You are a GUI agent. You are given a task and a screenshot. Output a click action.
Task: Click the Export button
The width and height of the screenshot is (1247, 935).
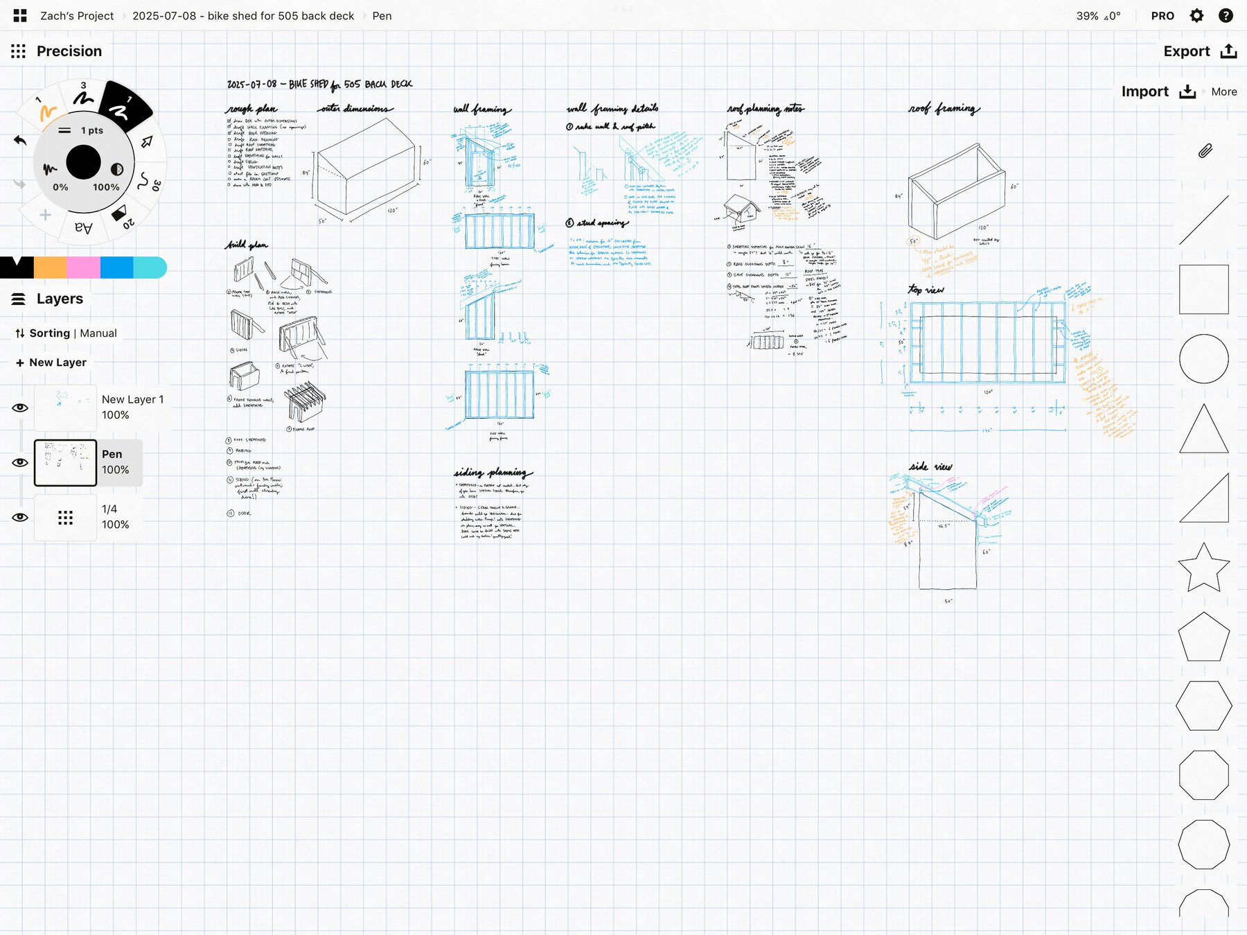point(1199,51)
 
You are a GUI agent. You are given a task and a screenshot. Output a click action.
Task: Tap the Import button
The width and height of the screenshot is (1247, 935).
point(1158,91)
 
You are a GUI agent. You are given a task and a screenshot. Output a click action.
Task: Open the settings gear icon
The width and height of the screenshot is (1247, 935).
point(1196,15)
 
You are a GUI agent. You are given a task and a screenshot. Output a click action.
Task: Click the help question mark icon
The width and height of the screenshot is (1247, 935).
point(1226,15)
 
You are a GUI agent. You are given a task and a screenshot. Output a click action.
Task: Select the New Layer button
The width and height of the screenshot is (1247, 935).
point(51,362)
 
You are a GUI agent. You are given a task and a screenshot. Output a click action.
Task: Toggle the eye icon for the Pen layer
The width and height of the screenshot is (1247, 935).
point(20,462)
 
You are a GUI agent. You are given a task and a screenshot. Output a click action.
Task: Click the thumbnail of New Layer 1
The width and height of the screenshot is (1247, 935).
point(65,408)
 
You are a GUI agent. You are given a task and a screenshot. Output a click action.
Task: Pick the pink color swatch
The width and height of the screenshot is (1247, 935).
point(83,267)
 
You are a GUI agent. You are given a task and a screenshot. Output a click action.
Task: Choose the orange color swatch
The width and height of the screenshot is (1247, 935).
point(50,267)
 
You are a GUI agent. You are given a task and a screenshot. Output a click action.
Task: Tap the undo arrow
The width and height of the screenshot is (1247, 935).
point(20,141)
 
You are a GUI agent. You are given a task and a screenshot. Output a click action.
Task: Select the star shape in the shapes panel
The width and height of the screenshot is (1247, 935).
point(1203,567)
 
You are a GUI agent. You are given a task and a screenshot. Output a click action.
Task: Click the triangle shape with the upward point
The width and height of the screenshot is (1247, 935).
point(1203,430)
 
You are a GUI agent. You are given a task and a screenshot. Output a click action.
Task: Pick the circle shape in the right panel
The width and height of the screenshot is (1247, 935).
point(1203,358)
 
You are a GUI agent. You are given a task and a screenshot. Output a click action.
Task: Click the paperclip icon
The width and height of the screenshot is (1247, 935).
point(1205,150)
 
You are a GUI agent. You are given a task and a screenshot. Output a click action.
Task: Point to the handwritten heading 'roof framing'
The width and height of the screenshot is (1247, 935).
point(944,109)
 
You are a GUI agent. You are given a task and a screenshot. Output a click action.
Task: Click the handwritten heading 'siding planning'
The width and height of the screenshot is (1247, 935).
point(493,473)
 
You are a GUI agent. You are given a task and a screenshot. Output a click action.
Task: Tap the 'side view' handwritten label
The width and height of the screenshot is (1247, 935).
point(930,467)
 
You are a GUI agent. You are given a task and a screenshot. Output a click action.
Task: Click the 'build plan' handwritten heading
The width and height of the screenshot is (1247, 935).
point(247,245)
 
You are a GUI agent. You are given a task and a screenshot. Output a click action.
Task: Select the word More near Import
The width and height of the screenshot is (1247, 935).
point(1223,91)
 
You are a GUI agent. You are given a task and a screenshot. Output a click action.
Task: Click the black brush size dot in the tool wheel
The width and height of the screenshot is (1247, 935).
point(84,163)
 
